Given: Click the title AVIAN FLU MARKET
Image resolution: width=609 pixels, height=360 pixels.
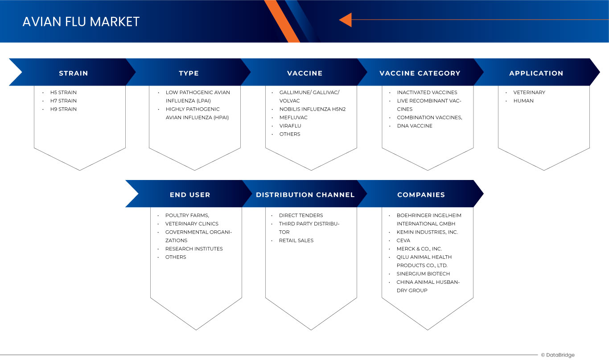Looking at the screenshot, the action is [x=81, y=22].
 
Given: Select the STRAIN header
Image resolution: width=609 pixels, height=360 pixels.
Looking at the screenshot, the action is [x=74, y=73].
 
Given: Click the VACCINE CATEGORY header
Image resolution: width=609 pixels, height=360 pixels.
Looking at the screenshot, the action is [x=420, y=73].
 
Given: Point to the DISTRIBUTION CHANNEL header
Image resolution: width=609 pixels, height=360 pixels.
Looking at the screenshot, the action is [x=305, y=195].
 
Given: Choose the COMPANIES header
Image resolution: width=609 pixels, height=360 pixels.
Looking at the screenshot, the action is [x=421, y=195].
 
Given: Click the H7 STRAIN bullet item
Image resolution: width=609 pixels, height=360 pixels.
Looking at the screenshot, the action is [x=63, y=101].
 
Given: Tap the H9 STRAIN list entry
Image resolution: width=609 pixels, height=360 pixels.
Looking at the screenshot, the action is [x=63, y=109].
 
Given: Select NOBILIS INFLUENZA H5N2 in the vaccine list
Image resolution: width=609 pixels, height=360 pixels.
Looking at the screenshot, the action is [x=313, y=109].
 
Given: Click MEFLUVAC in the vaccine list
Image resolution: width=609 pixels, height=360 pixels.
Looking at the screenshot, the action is [x=293, y=118].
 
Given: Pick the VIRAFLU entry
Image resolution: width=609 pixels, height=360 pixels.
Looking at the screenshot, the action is [x=290, y=126].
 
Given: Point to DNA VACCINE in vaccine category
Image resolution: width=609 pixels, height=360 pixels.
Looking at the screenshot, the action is [x=414, y=126].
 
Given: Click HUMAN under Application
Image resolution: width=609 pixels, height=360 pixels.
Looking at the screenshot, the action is [x=523, y=101].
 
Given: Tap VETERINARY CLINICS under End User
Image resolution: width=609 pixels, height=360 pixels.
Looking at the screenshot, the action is [x=192, y=224].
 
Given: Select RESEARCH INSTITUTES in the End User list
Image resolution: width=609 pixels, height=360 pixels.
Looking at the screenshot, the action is [x=194, y=249].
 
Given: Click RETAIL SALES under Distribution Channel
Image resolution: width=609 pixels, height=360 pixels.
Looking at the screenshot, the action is [x=296, y=241].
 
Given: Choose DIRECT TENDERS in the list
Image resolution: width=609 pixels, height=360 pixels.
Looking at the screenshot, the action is [x=300, y=216].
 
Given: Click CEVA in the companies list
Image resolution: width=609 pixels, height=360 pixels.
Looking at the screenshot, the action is [x=403, y=241].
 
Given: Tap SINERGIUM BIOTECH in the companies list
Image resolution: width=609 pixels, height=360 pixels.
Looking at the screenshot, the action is [x=423, y=274].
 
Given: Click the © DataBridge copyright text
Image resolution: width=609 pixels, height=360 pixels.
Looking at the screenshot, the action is [x=558, y=355].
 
